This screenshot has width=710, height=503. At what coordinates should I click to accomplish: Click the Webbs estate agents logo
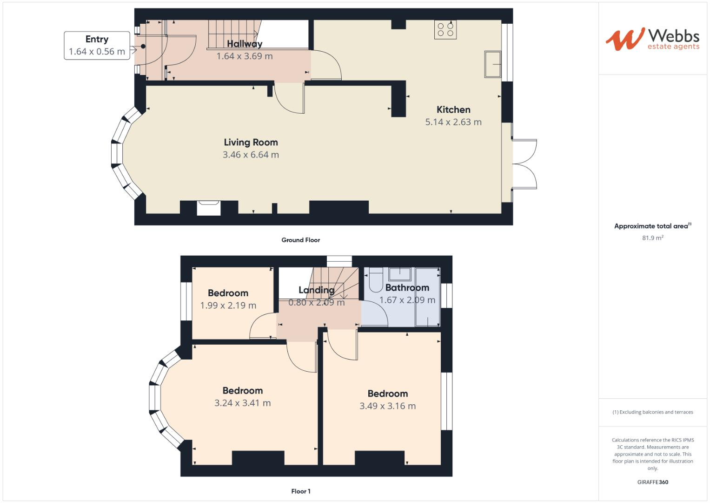(x=652, y=39)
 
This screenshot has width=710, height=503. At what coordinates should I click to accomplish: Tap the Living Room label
(x=251, y=143)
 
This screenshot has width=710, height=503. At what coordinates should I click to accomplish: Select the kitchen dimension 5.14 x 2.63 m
(x=453, y=122)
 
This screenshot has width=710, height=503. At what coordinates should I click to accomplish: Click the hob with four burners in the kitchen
(x=445, y=30)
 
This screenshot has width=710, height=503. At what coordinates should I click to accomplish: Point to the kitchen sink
(x=492, y=64)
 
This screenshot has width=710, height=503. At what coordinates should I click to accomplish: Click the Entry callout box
(x=97, y=46)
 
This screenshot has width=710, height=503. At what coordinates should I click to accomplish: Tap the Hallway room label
(x=245, y=44)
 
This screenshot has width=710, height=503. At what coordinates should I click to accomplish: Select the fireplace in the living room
(x=208, y=208)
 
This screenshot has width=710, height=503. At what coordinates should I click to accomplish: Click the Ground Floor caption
(x=300, y=240)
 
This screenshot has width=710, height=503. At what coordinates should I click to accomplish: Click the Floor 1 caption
(x=300, y=491)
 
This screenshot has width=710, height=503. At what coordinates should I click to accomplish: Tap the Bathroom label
(x=407, y=288)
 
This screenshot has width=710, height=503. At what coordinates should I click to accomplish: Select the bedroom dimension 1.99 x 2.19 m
(x=228, y=306)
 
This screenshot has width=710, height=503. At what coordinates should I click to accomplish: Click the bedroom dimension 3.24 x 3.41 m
(x=242, y=403)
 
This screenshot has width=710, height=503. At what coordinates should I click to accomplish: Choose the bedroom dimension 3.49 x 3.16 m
(x=387, y=406)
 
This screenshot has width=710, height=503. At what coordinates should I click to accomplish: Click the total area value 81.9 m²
(x=652, y=238)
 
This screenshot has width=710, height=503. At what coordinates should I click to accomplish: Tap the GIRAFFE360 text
(x=652, y=482)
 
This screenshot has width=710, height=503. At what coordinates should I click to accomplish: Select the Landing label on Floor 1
(x=316, y=290)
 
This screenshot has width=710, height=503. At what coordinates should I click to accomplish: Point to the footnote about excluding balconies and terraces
(x=652, y=412)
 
